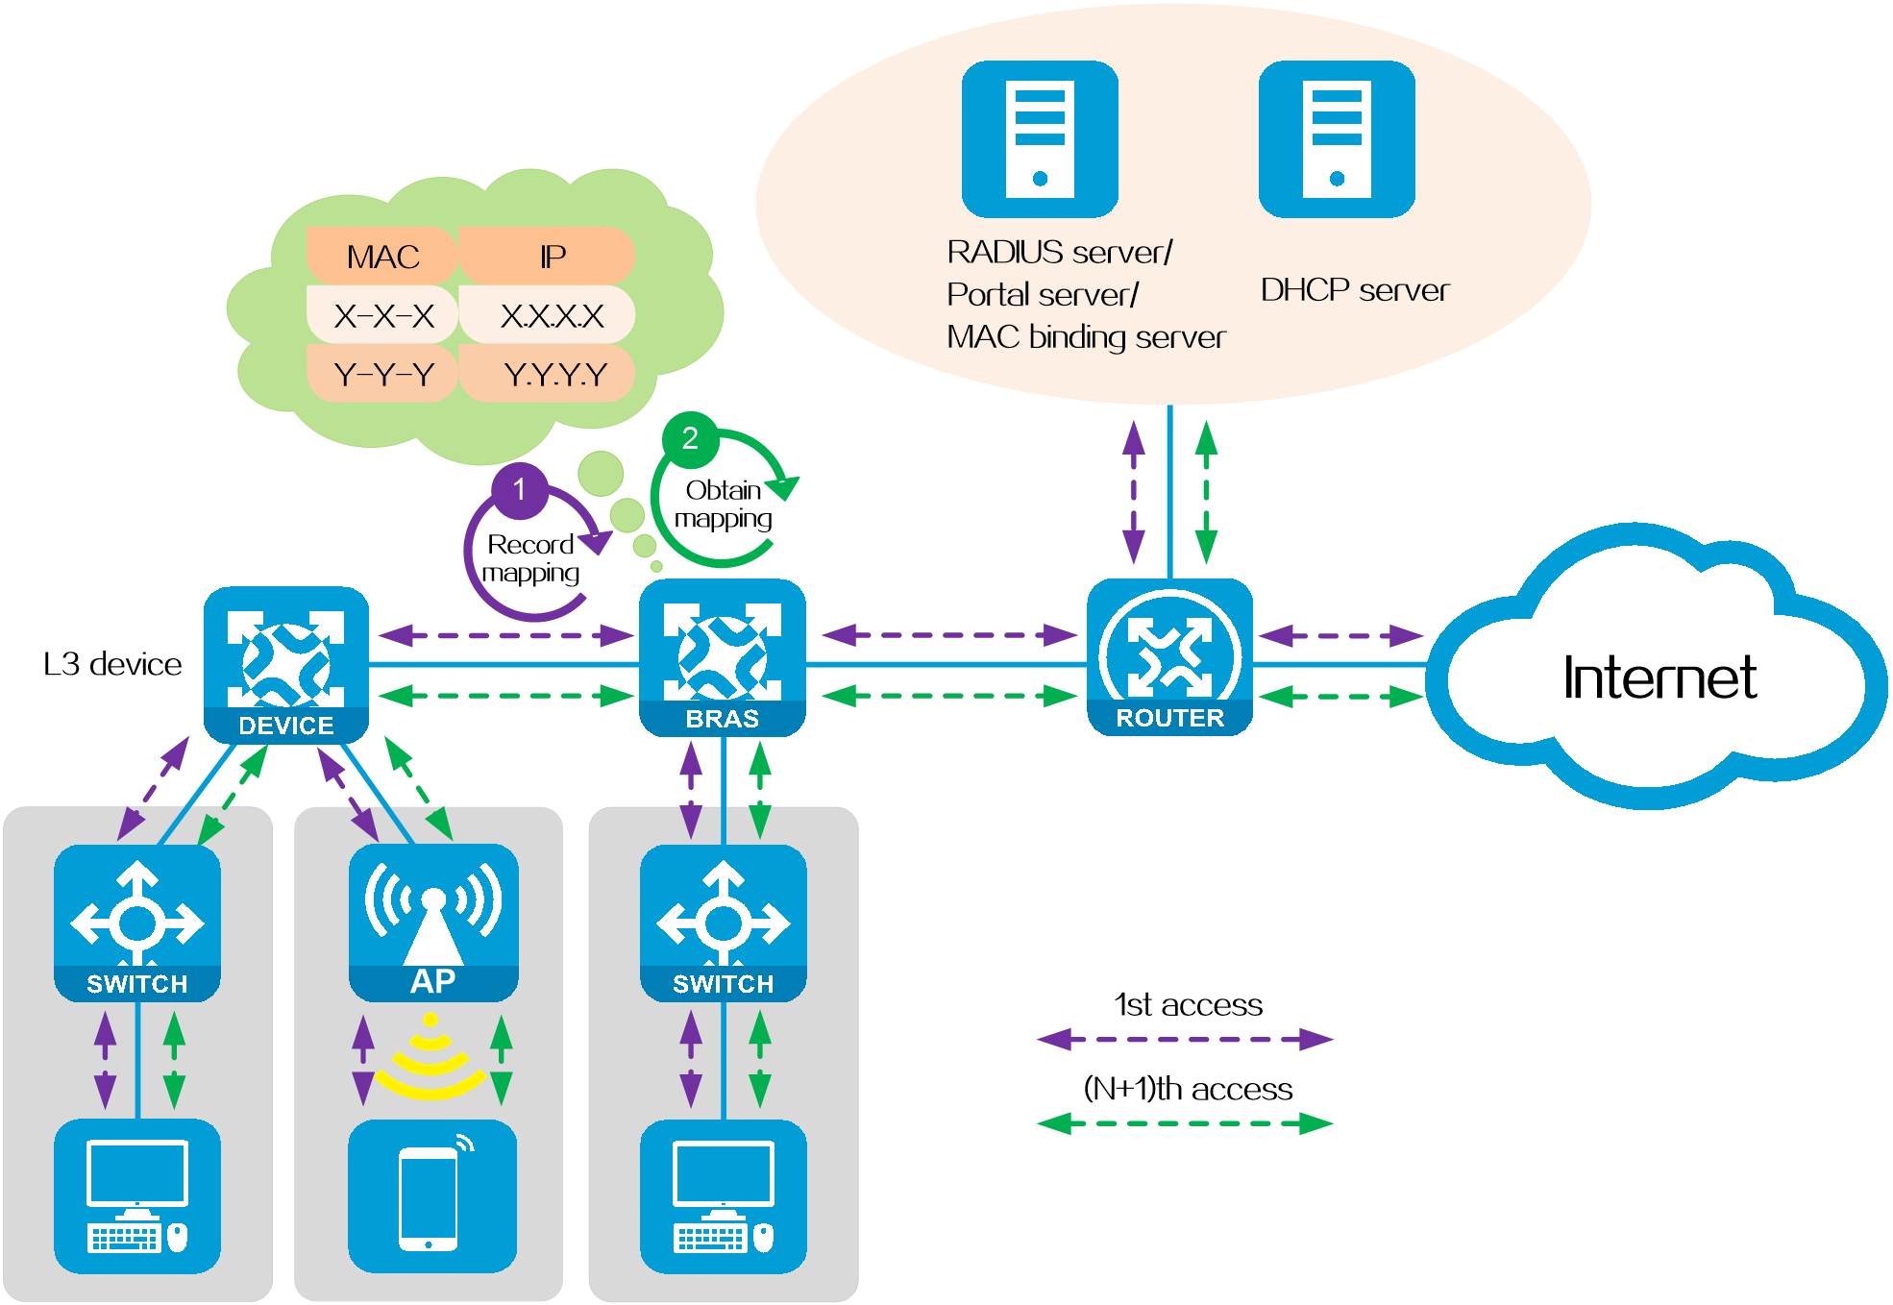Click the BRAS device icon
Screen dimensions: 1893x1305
tap(723, 658)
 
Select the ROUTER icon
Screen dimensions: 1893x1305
tap(1169, 657)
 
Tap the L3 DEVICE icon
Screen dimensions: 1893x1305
tap(286, 665)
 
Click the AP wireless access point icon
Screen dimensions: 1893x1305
tap(433, 923)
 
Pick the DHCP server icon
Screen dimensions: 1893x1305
tap(1337, 139)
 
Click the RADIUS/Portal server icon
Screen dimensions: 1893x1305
tap(1040, 139)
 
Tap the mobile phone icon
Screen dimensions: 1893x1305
tap(432, 1196)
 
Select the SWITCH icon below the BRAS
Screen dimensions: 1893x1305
tap(724, 923)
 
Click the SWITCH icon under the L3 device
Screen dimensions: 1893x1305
tap(137, 923)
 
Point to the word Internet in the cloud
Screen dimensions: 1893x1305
tap(1659, 677)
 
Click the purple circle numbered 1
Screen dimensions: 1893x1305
tap(520, 490)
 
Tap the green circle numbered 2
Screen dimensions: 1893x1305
tap(690, 438)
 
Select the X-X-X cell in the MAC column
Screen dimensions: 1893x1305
tap(382, 315)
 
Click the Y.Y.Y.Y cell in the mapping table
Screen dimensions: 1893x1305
tap(548, 374)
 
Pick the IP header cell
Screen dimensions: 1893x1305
tap(548, 256)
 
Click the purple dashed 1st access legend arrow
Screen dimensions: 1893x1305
tap(1185, 1039)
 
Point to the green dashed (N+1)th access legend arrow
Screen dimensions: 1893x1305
tap(1185, 1122)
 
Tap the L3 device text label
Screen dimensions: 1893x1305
tap(112, 664)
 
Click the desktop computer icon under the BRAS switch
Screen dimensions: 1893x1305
tap(724, 1196)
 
